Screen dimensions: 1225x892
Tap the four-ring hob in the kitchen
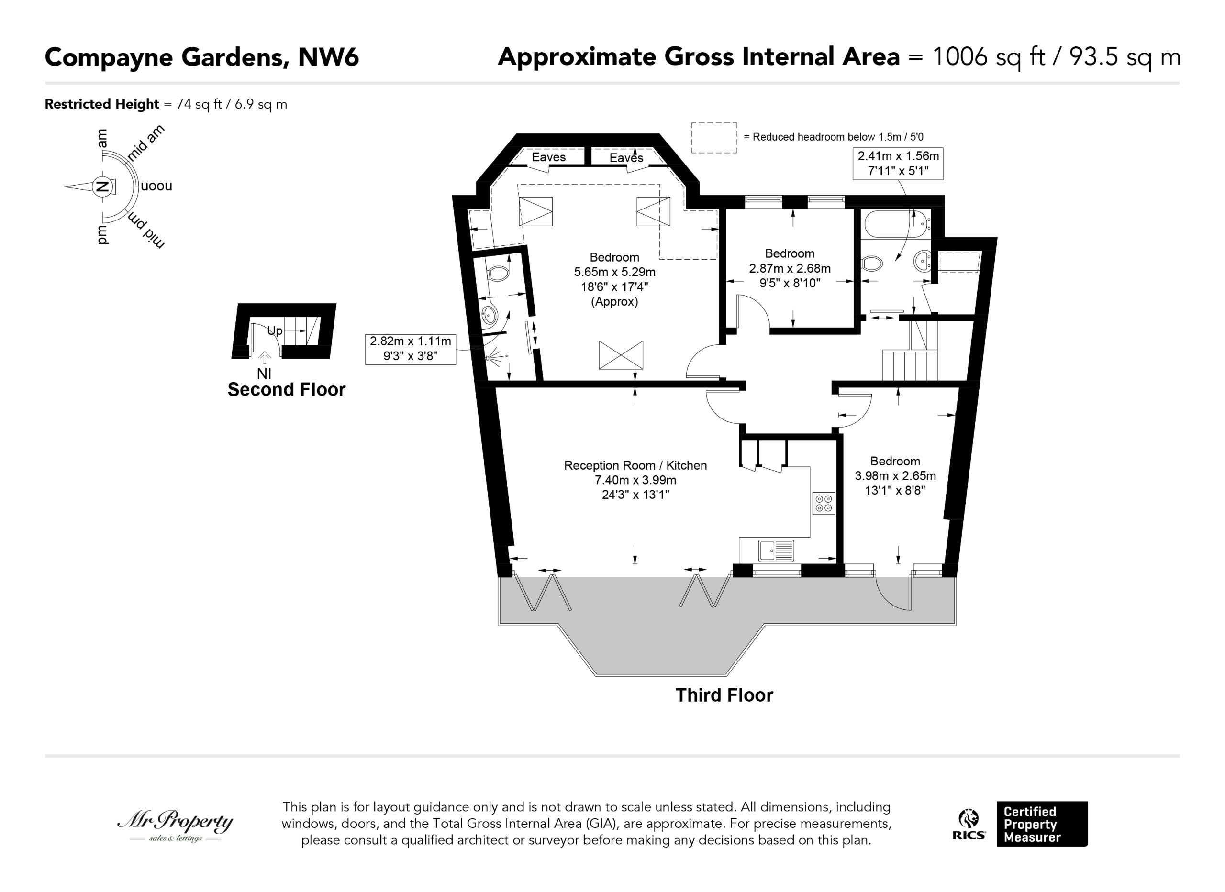point(824,503)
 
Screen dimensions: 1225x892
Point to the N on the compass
point(101,187)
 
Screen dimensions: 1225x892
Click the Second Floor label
point(286,389)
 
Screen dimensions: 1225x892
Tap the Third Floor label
point(724,695)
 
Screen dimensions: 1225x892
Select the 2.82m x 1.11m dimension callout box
point(411,349)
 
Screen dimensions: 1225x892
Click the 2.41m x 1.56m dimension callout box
point(898,163)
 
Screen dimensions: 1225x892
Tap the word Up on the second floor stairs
point(275,331)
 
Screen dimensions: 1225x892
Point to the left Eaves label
point(549,157)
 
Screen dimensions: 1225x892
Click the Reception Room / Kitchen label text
point(635,465)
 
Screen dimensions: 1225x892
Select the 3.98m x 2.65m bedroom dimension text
point(895,476)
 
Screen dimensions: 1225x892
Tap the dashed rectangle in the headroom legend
point(714,138)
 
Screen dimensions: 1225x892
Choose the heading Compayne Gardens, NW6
point(201,57)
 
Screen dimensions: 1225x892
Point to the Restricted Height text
point(102,104)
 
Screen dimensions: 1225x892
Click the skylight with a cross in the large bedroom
point(621,355)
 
